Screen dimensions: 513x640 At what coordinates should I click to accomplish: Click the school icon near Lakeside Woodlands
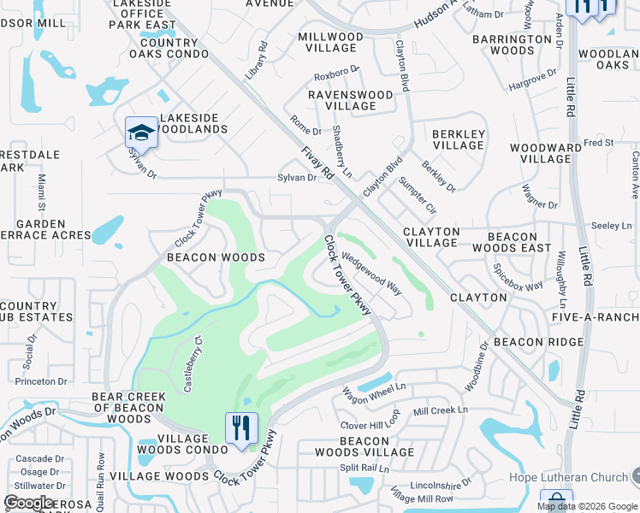(x=141, y=133)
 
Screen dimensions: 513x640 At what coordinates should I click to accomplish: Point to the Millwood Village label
(x=330, y=43)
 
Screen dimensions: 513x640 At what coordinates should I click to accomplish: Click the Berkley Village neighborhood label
(x=459, y=139)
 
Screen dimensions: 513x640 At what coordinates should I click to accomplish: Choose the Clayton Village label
(x=431, y=237)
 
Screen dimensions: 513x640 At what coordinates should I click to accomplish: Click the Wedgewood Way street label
(x=372, y=273)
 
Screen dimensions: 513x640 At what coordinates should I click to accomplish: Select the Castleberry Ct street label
(x=193, y=363)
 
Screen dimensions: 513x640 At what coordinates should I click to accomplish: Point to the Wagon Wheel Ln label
(x=374, y=395)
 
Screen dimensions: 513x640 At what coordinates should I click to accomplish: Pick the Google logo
(x=28, y=502)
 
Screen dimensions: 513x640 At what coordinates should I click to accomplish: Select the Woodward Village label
(x=546, y=154)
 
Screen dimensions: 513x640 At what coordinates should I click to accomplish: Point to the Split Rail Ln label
(x=364, y=469)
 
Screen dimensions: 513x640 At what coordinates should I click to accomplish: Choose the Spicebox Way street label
(x=518, y=275)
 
